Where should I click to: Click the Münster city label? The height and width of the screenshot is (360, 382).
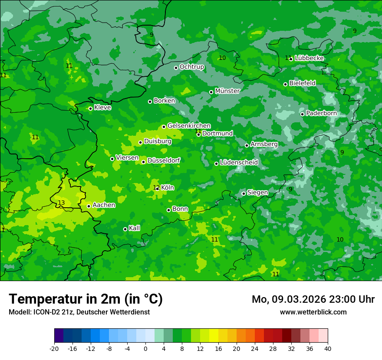[x=227, y=91]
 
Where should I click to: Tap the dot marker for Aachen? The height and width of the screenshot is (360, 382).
[x=89, y=206]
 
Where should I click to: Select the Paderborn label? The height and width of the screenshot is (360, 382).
[x=321, y=113]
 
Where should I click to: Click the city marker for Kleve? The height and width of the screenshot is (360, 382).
[x=90, y=108]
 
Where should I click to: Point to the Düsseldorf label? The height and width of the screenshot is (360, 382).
[x=164, y=160]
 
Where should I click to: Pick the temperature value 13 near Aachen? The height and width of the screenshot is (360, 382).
[x=61, y=203]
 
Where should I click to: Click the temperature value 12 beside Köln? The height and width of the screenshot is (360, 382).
[x=156, y=187]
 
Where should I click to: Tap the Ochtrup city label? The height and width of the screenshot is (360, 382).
[x=191, y=67]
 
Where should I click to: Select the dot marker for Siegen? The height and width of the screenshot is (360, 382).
[x=244, y=193]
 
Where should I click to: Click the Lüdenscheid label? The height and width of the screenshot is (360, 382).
[x=239, y=163]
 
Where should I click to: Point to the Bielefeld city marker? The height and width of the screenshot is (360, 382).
[x=285, y=84]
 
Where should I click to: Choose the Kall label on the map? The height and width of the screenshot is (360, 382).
[x=135, y=228]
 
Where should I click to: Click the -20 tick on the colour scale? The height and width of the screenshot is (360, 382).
[x=54, y=349]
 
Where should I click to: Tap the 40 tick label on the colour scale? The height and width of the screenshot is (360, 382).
[x=328, y=349]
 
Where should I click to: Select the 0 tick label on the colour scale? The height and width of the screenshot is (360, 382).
[x=145, y=349]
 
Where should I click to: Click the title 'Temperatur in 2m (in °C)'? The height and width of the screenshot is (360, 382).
[x=86, y=299]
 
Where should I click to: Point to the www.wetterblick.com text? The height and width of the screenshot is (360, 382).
[x=313, y=312]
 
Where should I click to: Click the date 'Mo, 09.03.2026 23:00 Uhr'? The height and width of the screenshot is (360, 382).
[x=313, y=299]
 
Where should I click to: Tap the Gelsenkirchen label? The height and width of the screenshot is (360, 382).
[x=189, y=126]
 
